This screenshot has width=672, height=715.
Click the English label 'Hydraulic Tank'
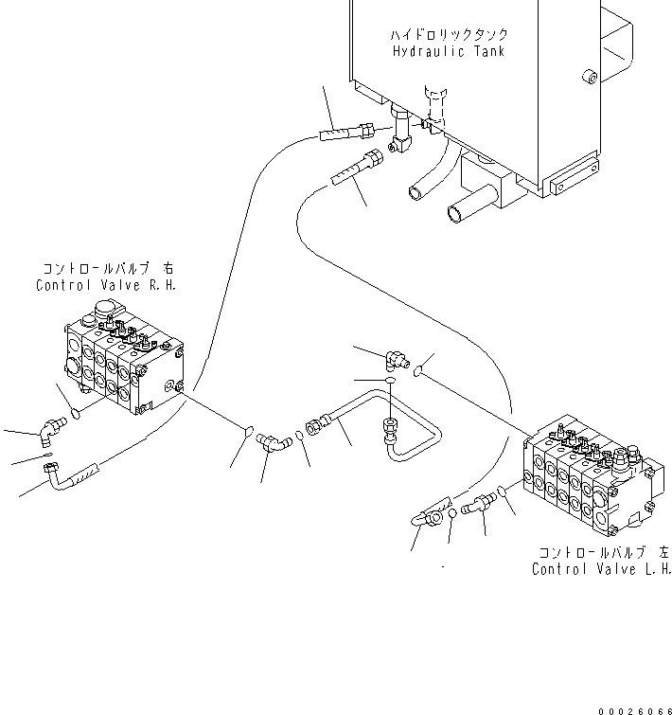(x=448, y=51)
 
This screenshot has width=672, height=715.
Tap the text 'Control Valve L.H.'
(x=601, y=569)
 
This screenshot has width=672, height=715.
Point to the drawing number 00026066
(x=633, y=707)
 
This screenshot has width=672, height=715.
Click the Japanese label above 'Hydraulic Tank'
(x=448, y=34)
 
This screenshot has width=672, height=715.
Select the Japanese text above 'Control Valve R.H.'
(x=109, y=268)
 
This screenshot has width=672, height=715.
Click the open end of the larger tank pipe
(x=451, y=213)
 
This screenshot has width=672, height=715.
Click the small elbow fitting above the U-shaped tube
(x=395, y=357)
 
